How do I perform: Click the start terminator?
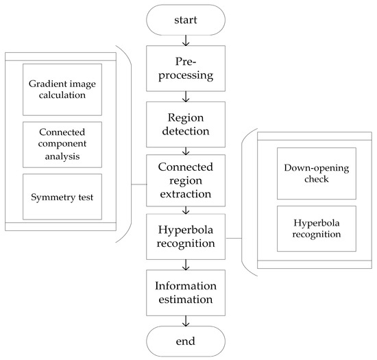(x=186, y=21)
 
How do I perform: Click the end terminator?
(x=186, y=341)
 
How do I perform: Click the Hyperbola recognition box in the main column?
(x=186, y=237)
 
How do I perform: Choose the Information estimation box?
(x=186, y=291)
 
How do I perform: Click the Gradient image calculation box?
(x=62, y=88)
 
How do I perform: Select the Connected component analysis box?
(x=62, y=144)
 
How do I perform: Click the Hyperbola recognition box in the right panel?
(x=316, y=228)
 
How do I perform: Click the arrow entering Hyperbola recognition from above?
(x=186, y=208)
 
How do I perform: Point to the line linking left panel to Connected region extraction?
(x=138, y=184)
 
